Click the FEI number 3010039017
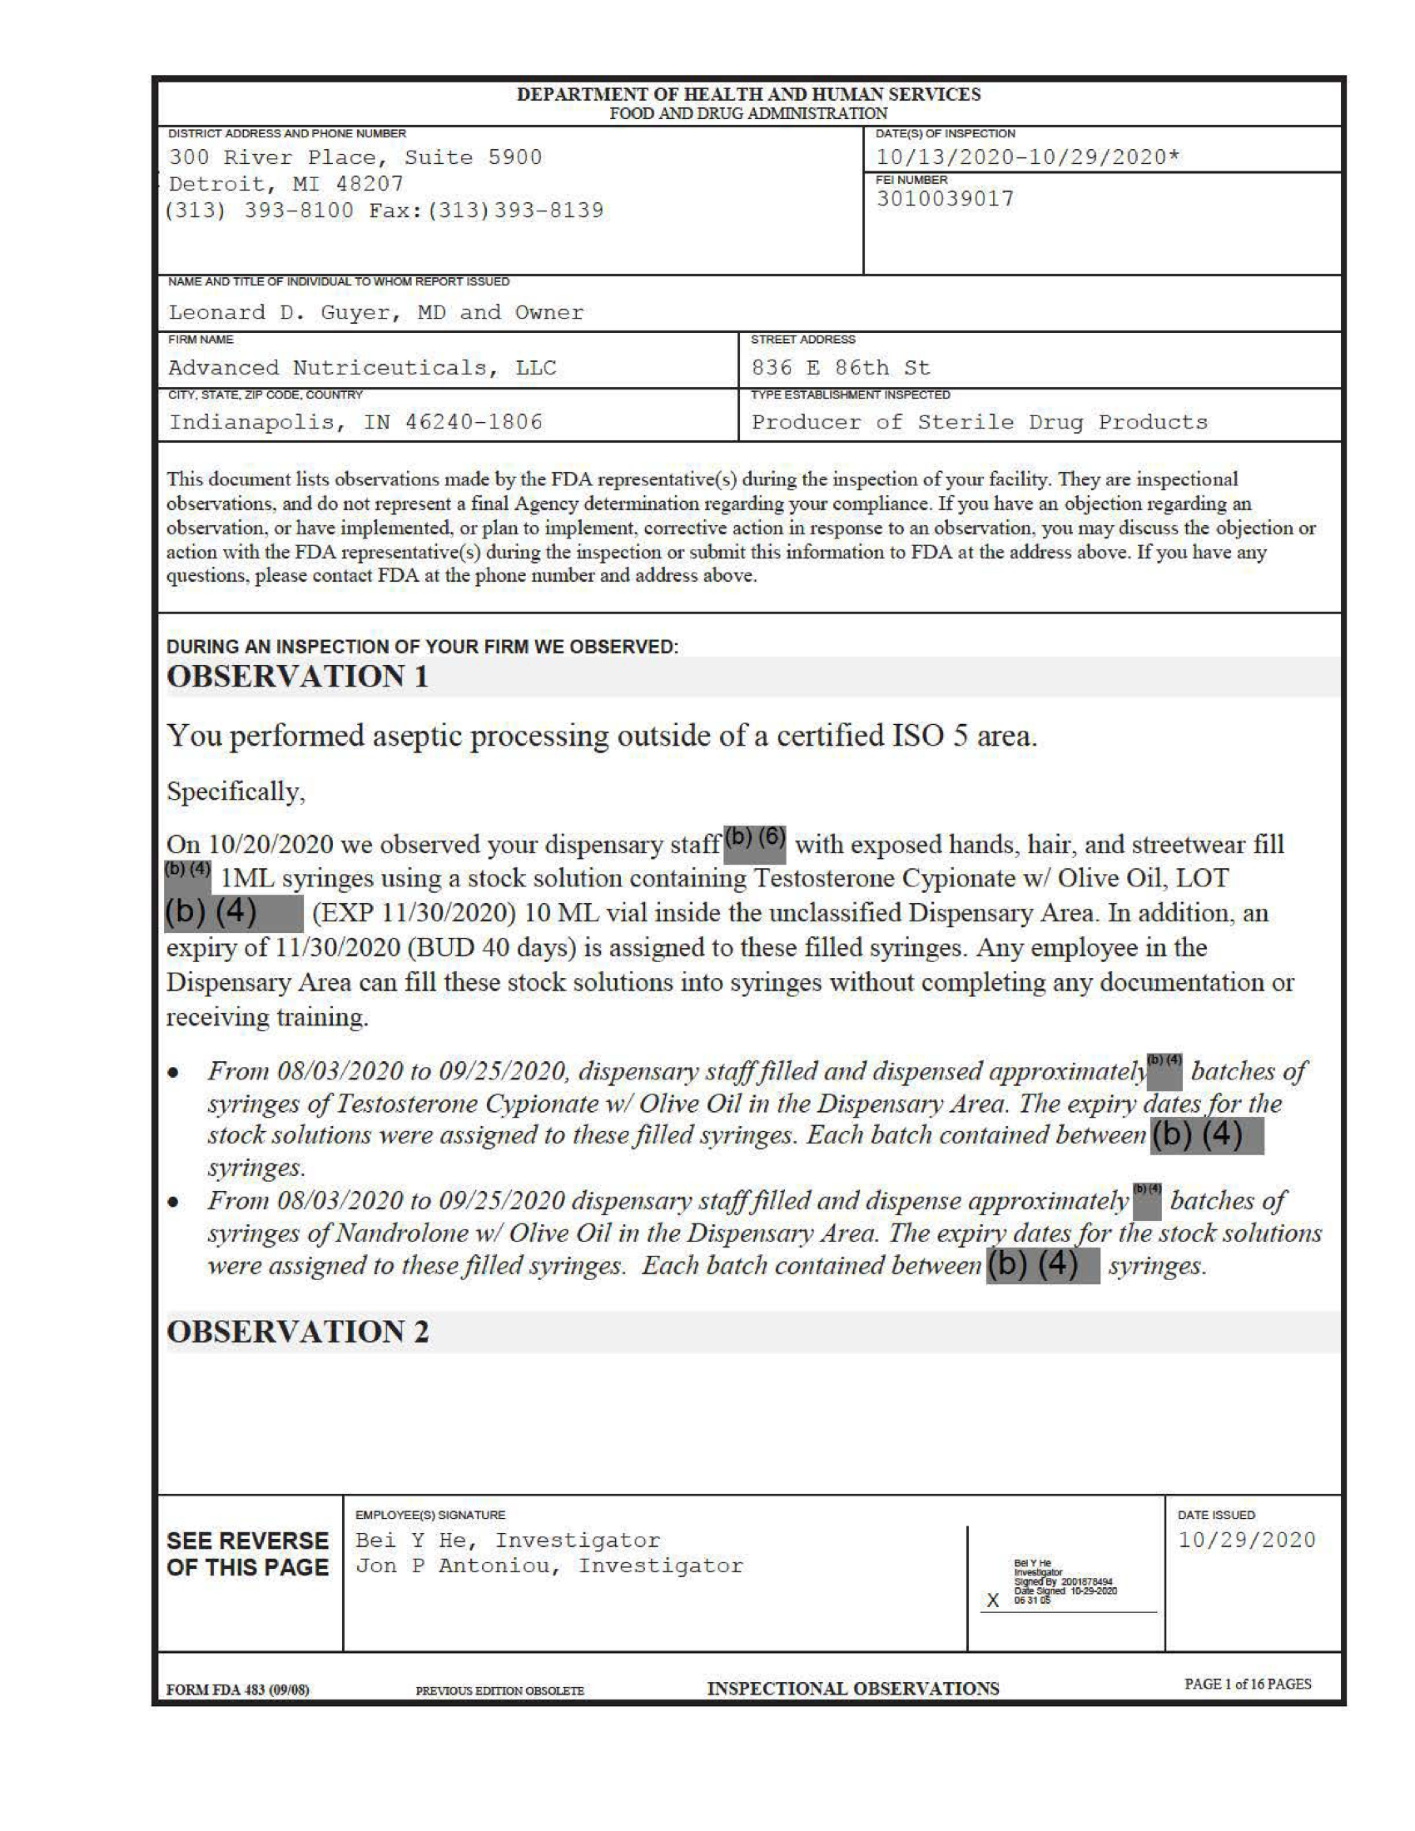pyautogui.click(x=945, y=200)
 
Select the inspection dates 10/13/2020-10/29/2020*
pyautogui.click(x=1028, y=157)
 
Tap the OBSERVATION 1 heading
pyautogui.click(x=298, y=677)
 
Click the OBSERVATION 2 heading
pyautogui.click(x=298, y=1332)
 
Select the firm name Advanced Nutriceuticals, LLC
pyautogui.click(x=362, y=368)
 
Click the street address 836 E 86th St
pyautogui.click(x=840, y=368)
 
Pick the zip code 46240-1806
pyautogui.click(x=474, y=422)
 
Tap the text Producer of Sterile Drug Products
pyautogui.click(x=979, y=422)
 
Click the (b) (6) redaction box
pyautogui.click(x=754, y=841)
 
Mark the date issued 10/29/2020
pyautogui.click(x=1247, y=1540)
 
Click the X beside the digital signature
pyautogui.click(x=992, y=1600)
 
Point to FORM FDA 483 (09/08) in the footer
pyautogui.click(x=237, y=1690)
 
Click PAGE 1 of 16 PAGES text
pyautogui.click(x=1248, y=1685)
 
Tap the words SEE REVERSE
pyautogui.click(x=247, y=1541)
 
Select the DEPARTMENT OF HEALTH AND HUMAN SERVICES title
pyautogui.click(x=748, y=95)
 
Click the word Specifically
pyautogui.click(x=236, y=791)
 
